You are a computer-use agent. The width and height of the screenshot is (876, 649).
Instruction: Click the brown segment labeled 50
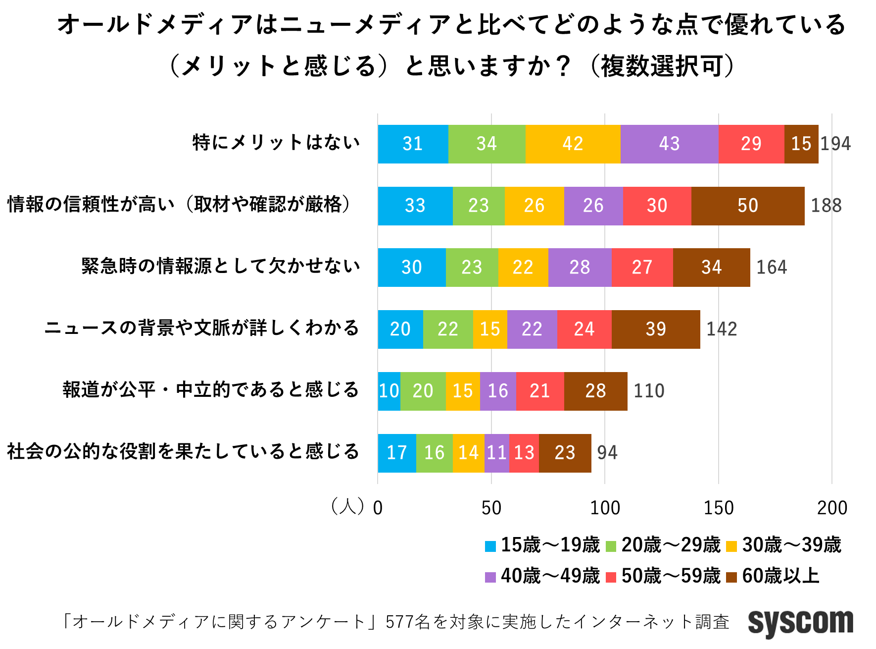(747, 206)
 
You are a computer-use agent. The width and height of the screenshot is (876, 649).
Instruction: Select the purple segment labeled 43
(669, 144)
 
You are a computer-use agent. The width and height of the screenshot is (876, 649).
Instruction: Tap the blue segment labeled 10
(389, 391)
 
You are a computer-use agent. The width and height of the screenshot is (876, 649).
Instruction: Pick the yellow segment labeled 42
(573, 144)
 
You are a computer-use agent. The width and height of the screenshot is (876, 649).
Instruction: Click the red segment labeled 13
(524, 453)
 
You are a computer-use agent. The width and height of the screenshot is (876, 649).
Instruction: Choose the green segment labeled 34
(487, 144)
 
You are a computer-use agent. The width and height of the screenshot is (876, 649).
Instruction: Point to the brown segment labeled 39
(656, 329)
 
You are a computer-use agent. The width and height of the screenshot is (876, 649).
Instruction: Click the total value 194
(835, 144)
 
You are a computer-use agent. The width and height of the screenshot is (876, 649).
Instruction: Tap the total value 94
(607, 453)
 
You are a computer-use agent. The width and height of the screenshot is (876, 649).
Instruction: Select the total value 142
(722, 329)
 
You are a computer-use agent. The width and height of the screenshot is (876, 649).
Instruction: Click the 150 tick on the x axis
(719, 508)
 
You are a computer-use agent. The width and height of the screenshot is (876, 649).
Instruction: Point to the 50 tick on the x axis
(491, 508)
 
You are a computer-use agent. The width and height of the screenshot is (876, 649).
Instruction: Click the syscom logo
(800, 622)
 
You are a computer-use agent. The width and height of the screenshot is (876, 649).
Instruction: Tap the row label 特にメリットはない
(276, 143)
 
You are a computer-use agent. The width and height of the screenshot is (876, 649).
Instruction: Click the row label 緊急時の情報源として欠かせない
(221, 267)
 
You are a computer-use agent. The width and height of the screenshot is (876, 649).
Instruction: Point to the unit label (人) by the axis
(347, 506)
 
